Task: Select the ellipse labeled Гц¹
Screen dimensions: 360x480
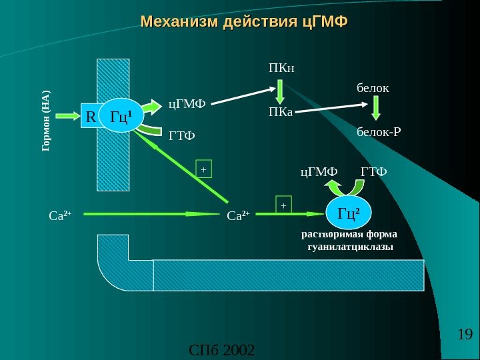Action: point(126,117)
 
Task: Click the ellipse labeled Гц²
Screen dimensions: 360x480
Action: point(348,213)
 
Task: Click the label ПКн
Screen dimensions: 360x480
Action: point(281,67)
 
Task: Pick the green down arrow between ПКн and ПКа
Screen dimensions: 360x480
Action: point(281,90)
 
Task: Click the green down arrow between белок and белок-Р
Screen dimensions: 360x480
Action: point(376,108)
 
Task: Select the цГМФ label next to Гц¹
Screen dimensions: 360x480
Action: point(187,103)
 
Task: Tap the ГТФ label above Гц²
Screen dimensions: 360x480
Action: point(373,172)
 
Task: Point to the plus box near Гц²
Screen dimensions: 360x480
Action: point(283,205)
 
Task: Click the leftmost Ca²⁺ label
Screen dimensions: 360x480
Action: point(60,215)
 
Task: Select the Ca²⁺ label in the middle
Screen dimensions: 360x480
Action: point(238,215)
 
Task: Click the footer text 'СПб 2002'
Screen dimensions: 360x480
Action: point(222,349)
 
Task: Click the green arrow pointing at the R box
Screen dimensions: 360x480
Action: point(66,117)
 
